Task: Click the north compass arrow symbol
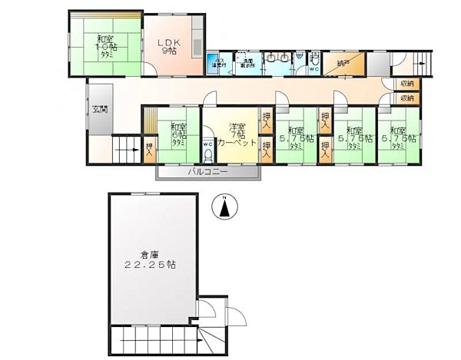pos(224,209)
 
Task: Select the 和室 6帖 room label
pos(178,134)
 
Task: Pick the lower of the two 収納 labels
pos(406,98)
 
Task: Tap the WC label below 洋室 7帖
pos(207,143)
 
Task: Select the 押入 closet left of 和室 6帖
pos(149,149)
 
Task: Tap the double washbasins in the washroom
pos(280,58)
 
